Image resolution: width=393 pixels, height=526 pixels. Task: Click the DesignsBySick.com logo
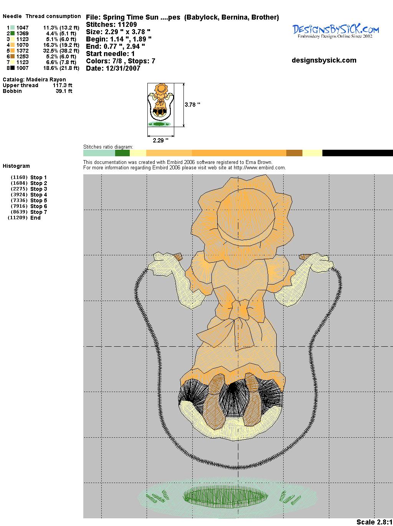click(x=335, y=31)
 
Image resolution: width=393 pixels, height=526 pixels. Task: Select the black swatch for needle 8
click(x=12, y=68)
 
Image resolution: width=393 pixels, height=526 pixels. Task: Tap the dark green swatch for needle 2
click(x=12, y=33)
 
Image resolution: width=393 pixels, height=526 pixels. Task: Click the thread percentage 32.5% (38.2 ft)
click(x=61, y=51)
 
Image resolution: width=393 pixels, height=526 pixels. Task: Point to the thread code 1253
click(x=23, y=56)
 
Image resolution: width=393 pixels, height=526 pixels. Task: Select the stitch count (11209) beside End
click(x=18, y=218)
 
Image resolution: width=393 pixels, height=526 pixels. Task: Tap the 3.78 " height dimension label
click(x=192, y=105)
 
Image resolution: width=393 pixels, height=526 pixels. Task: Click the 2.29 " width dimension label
click(x=160, y=140)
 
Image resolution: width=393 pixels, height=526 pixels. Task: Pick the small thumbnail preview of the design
click(x=160, y=105)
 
